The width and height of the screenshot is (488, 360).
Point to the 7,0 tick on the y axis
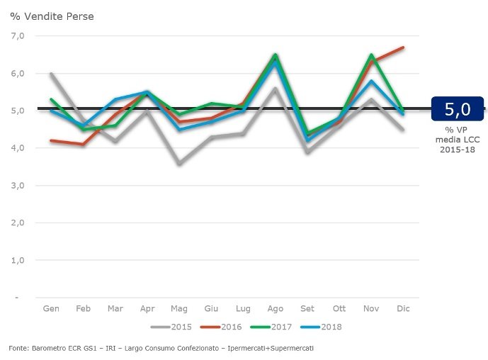(x=17, y=35)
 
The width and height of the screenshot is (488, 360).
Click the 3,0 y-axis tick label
(x=17, y=186)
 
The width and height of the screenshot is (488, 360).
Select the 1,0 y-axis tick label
(x=17, y=260)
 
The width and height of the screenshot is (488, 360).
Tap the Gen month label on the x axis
(x=51, y=309)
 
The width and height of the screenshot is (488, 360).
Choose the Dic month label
(x=403, y=309)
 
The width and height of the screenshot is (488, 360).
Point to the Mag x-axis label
(x=178, y=309)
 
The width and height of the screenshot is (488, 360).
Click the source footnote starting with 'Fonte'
(x=161, y=349)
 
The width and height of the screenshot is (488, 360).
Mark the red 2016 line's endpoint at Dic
(x=403, y=47)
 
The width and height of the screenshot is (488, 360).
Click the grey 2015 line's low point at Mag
(x=179, y=164)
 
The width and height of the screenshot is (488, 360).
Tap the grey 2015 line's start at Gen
(x=51, y=74)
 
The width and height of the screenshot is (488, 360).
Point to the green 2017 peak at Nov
(x=371, y=55)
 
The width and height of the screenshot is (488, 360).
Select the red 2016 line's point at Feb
(x=83, y=145)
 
